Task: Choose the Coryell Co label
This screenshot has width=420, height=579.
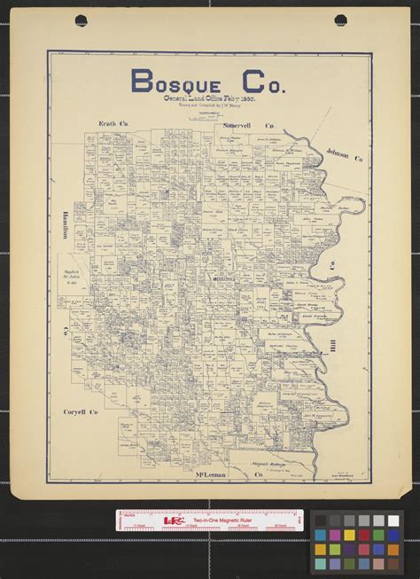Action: [81, 412]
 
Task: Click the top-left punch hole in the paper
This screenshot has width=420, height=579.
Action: [82, 20]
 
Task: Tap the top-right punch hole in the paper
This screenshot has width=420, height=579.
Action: [341, 20]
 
